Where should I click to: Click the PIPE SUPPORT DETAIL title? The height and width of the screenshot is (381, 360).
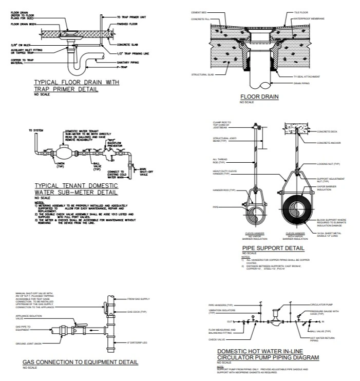(x=274, y=248)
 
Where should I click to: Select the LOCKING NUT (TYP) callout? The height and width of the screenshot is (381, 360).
(x=329, y=164)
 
